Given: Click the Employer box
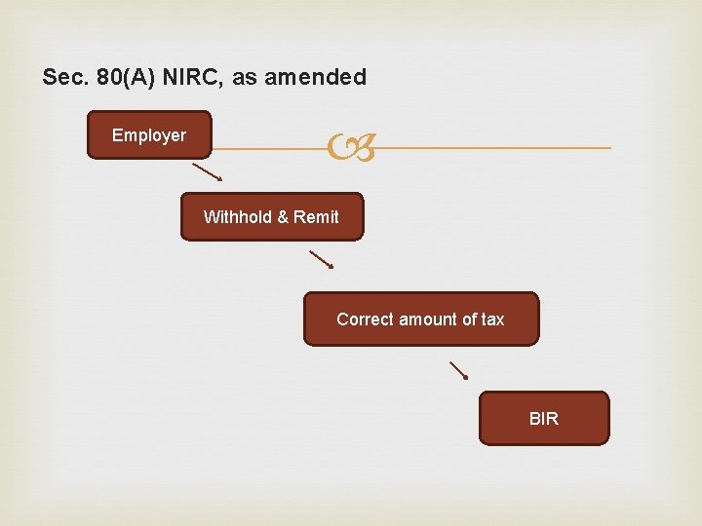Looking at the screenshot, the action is click(x=149, y=135).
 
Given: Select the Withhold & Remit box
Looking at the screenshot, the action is click(x=271, y=216).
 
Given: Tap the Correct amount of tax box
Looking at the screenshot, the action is click(x=420, y=319).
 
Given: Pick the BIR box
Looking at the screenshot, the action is click(x=543, y=419).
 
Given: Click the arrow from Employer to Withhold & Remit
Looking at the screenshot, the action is click(x=207, y=172).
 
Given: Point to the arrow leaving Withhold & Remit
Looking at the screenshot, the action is click(x=322, y=259).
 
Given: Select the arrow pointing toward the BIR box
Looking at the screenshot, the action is click(x=458, y=370).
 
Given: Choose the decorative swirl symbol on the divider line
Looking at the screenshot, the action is click(x=349, y=148).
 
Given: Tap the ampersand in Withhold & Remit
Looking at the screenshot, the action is click(x=283, y=217).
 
